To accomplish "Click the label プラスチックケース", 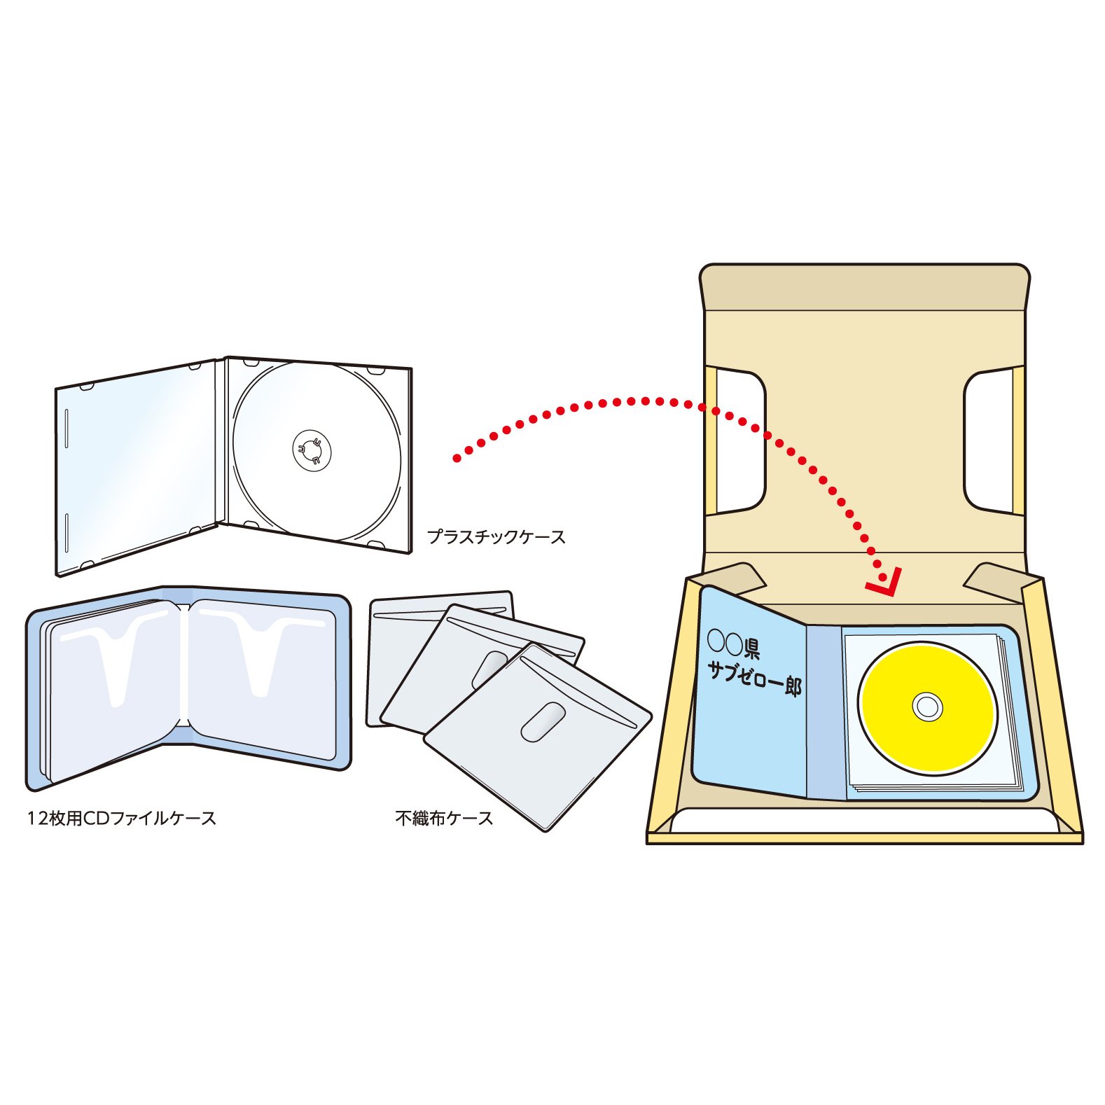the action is (x=496, y=537).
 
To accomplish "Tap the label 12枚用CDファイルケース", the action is (x=121, y=818).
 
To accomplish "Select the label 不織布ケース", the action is (x=444, y=818).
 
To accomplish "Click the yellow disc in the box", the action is (x=928, y=708).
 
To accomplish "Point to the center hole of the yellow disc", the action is (x=928, y=708).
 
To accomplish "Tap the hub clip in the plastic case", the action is (x=312, y=450).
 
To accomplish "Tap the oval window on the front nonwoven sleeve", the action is (x=543, y=722).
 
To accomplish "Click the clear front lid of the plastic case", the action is (x=137, y=466).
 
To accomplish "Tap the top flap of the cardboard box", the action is (x=865, y=287).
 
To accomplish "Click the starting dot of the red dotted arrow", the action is (x=457, y=459).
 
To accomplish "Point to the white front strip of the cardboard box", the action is (x=864, y=821).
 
